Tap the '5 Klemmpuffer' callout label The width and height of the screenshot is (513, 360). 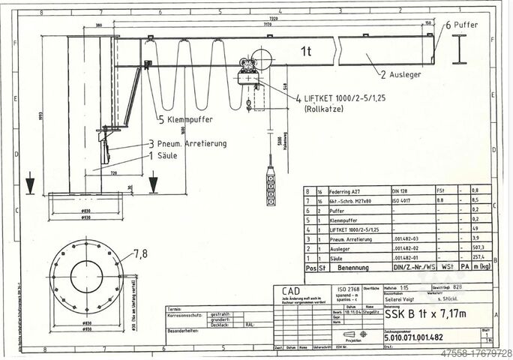coord(185,119)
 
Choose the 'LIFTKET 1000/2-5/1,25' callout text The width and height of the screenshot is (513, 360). coord(346,98)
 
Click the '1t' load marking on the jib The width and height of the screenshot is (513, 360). coord(305,51)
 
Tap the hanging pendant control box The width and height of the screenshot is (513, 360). coord(270,184)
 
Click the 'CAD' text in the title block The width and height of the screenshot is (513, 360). coord(289,290)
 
